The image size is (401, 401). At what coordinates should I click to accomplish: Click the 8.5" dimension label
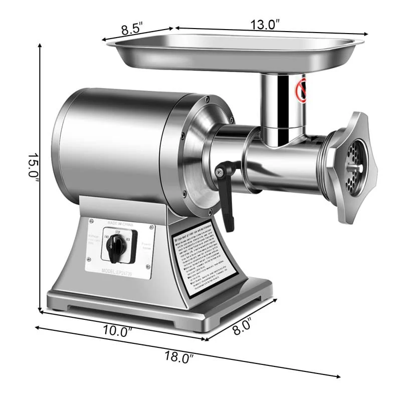pos(131,29)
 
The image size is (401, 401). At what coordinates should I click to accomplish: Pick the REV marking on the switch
pos(129,239)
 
